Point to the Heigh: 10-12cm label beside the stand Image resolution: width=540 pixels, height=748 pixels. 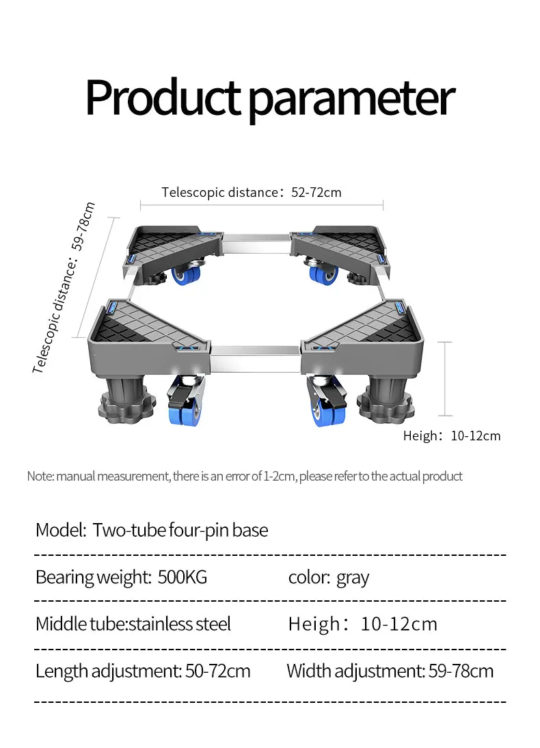coord(451,436)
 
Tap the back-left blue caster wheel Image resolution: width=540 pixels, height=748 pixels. coord(187,275)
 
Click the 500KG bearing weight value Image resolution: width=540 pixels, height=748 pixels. coord(182,577)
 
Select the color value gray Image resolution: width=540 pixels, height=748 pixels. coord(352,578)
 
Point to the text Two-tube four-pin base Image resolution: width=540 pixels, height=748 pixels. coord(180,530)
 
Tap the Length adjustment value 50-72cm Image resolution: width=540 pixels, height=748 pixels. coord(217,671)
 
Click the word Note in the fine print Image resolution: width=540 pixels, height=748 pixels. coord(38,476)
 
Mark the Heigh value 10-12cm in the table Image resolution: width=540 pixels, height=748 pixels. coord(399,624)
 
